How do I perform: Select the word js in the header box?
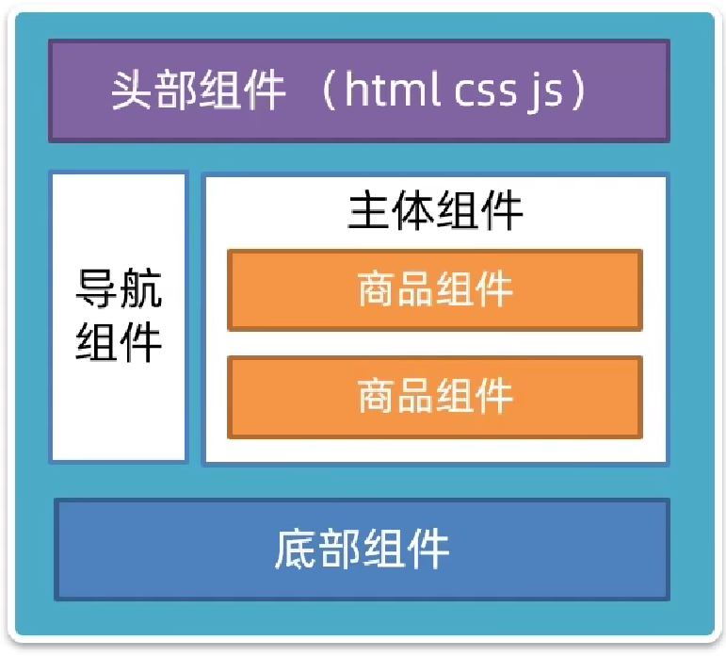[x=544, y=91]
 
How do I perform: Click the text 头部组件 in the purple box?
[x=198, y=90]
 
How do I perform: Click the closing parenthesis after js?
[x=578, y=90]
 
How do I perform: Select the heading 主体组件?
[x=435, y=211]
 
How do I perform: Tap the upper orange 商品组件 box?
[x=435, y=289]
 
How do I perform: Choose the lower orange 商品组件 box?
[x=435, y=396]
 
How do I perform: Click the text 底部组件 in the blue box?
[x=362, y=549]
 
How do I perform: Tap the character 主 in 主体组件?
[x=369, y=211]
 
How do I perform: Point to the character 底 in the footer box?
[x=296, y=549]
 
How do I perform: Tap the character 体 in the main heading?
[x=413, y=211]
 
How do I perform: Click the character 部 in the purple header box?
[x=176, y=90]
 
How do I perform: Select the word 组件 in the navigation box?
[x=119, y=340]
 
